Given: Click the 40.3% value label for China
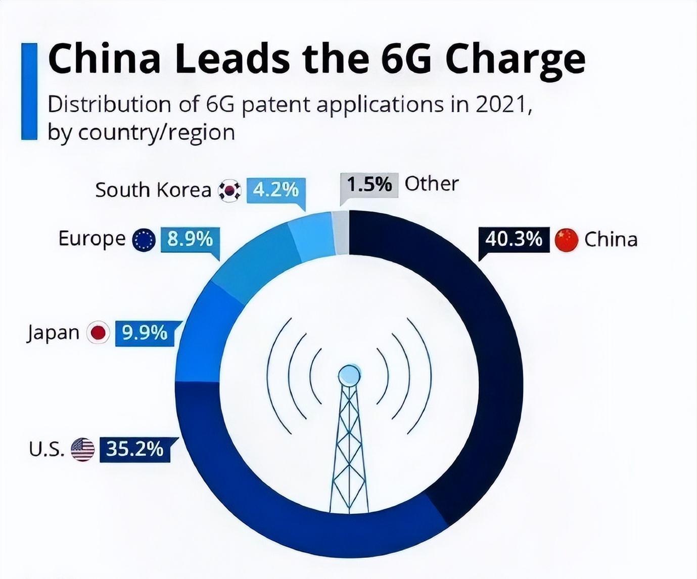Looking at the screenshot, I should click(x=514, y=239).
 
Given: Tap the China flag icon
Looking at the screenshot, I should click(x=566, y=240).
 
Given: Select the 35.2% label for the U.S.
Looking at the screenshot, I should click(x=134, y=448).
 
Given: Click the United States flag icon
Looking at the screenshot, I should click(x=82, y=449).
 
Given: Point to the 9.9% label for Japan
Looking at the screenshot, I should click(x=145, y=333).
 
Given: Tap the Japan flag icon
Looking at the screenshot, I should click(x=98, y=333).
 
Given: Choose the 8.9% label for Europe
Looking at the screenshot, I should click(x=190, y=239).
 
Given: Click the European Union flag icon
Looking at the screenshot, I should click(x=144, y=240).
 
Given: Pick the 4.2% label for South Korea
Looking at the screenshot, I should click(x=275, y=190).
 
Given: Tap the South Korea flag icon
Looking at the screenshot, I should click(x=229, y=190).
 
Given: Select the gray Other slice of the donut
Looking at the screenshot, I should click(x=341, y=233).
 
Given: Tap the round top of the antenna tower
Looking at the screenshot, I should click(x=349, y=375).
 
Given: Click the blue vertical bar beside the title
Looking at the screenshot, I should click(x=29, y=91).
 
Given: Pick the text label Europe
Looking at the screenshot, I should click(x=91, y=238).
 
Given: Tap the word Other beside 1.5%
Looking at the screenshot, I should click(x=431, y=184).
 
